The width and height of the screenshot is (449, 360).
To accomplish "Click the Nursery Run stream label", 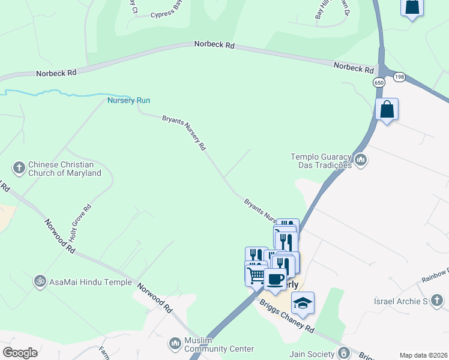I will [128, 100].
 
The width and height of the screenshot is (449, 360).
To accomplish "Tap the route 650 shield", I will [379, 83].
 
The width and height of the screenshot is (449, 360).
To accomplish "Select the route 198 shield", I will [399, 77].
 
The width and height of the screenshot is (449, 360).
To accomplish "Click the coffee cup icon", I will [275, 279].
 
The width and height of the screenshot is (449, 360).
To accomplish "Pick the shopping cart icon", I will [256, 275].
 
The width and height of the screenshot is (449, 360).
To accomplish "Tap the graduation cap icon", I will [303, 302].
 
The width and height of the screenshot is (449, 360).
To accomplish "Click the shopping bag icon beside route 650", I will [387, 109].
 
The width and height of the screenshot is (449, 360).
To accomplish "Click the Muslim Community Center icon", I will [175, 343].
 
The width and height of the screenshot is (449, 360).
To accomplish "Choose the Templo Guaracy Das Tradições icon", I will [361, 160].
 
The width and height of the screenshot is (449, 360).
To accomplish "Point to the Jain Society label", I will [312, 354].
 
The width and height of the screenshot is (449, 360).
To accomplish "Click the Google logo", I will [20, 353].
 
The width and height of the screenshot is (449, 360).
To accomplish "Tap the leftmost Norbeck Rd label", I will [56, 73].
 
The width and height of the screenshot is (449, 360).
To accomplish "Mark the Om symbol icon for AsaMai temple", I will [40, 280].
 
